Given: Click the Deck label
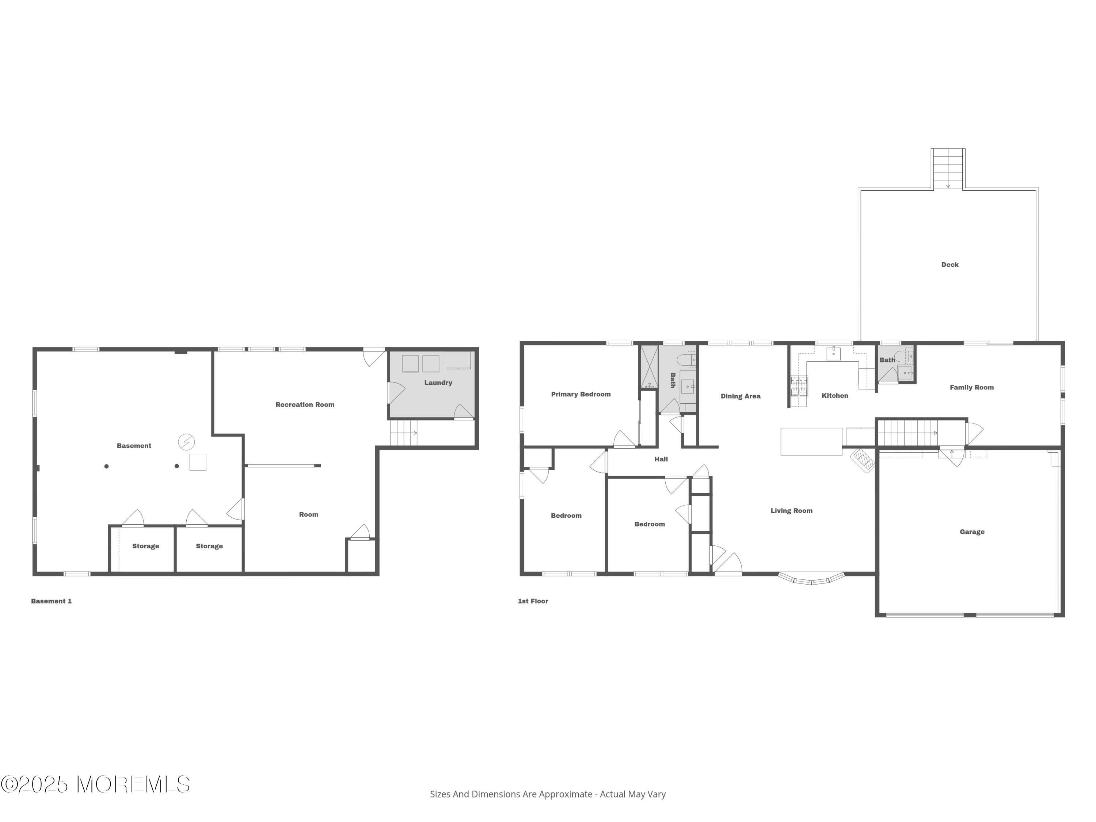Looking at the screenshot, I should (x=950, y=265).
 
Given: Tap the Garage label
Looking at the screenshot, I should (x=972, y=532).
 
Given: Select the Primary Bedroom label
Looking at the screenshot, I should (x=581, y=395).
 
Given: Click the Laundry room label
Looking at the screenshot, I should (x=438, y=383).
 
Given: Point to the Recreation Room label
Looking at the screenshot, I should (x=305, y=405).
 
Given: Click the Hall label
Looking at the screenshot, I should (x=661, y=459).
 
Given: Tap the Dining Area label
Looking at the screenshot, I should (x=740, y=396).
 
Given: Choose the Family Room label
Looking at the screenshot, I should (x=971, y=388).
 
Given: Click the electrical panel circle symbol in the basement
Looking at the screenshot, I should (x=186, y=441).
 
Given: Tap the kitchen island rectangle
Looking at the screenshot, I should (x=811, y=441).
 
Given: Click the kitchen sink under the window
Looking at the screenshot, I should (x=833, y=353).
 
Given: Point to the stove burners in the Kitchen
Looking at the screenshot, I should (x=798, y=386).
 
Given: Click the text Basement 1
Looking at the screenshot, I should (x=52, y=601).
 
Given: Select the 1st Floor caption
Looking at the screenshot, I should (x=533, y=601).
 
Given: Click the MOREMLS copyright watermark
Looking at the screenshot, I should (x=95, y=784).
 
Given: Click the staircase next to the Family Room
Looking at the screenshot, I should (x=906, y=433).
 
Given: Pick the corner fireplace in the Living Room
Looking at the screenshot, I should (x=863, y=460).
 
